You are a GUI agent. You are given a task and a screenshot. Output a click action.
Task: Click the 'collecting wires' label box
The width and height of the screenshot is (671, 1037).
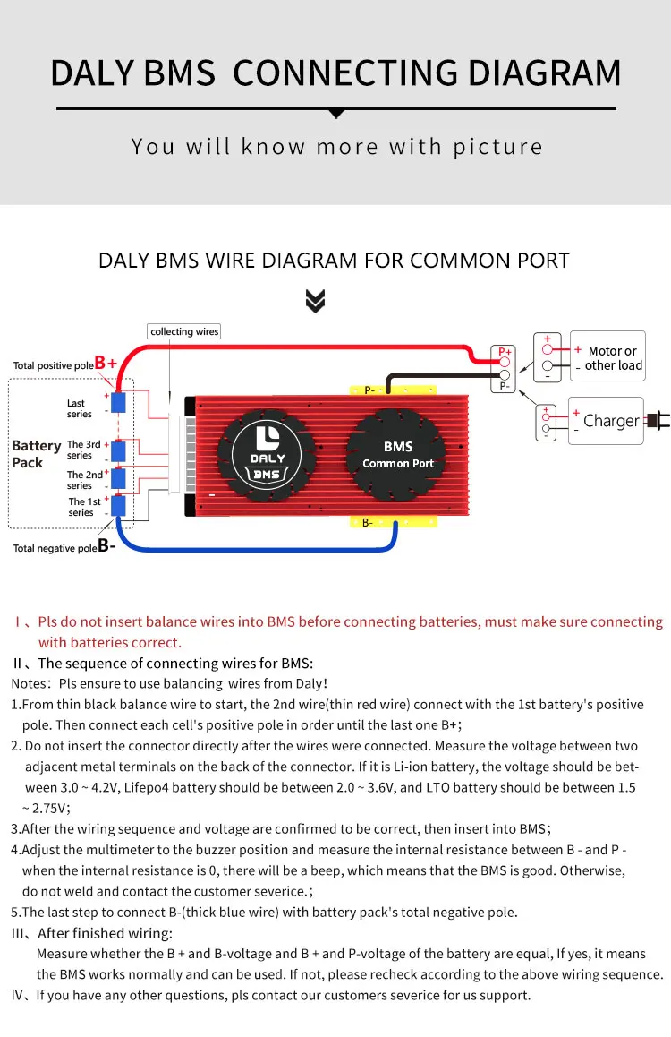coord(184,331)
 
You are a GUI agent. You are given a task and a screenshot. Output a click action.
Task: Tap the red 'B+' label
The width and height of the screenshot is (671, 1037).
coord(106,363)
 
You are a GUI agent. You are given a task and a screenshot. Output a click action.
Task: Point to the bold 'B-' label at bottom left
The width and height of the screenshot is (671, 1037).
coord(106,545)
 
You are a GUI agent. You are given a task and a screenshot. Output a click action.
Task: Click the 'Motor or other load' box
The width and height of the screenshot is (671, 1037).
coord(607,357)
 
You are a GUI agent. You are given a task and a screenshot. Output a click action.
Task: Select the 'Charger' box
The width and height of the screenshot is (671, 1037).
coord(606,421)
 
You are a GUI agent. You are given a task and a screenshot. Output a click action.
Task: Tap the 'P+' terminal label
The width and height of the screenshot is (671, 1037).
coord(504,352)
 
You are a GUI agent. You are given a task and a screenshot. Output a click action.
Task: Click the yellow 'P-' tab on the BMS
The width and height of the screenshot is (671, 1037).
coord(392,390)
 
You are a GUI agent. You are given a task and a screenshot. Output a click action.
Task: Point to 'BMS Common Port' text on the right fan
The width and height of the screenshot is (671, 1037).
coord(398,454)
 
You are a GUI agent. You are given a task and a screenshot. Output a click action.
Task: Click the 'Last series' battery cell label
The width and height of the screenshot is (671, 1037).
coord(79,408)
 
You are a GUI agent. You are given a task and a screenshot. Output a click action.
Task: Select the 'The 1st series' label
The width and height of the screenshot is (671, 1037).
coord(84,507)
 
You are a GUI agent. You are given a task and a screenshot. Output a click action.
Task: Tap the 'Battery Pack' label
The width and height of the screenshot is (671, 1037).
coord(36,454)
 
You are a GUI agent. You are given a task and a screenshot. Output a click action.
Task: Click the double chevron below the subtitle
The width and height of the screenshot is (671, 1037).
coord(315,301)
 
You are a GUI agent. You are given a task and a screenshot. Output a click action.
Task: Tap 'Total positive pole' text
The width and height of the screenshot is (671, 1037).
coord(53,365)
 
